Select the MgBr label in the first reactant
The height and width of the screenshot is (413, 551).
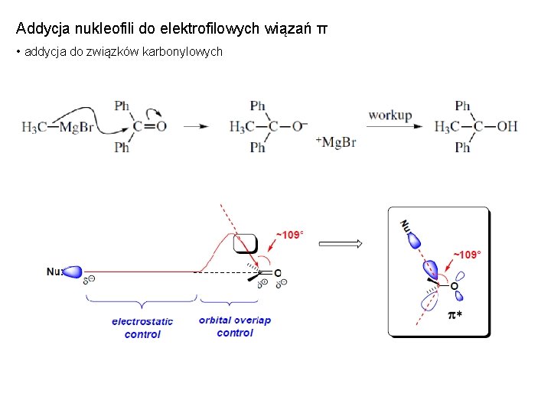pos(77,127)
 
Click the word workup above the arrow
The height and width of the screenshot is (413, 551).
pos(390,116)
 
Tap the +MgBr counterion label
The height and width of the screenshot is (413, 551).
pos(335,142)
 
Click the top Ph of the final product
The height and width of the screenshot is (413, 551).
pos(462,106)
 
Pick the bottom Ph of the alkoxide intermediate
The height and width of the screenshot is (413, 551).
pos(258,148)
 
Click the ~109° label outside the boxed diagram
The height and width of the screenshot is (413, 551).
pos(289,235)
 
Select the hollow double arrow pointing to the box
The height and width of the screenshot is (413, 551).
pos(340,245)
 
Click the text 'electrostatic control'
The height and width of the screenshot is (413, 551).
pos(142,328)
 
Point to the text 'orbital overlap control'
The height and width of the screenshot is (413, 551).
pos(234,327)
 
